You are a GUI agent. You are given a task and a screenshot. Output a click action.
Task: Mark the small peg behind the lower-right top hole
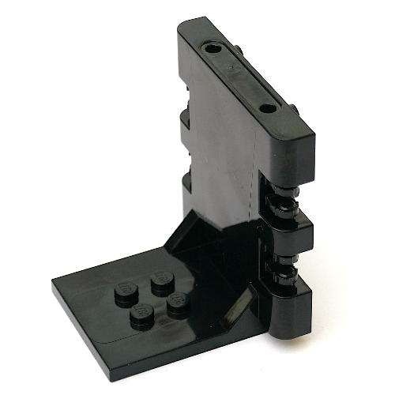point(294,108)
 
